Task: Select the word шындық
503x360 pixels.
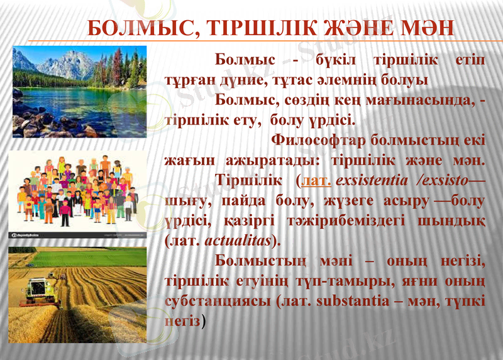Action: [456, 221]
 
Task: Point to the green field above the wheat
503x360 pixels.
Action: [88, 257]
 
